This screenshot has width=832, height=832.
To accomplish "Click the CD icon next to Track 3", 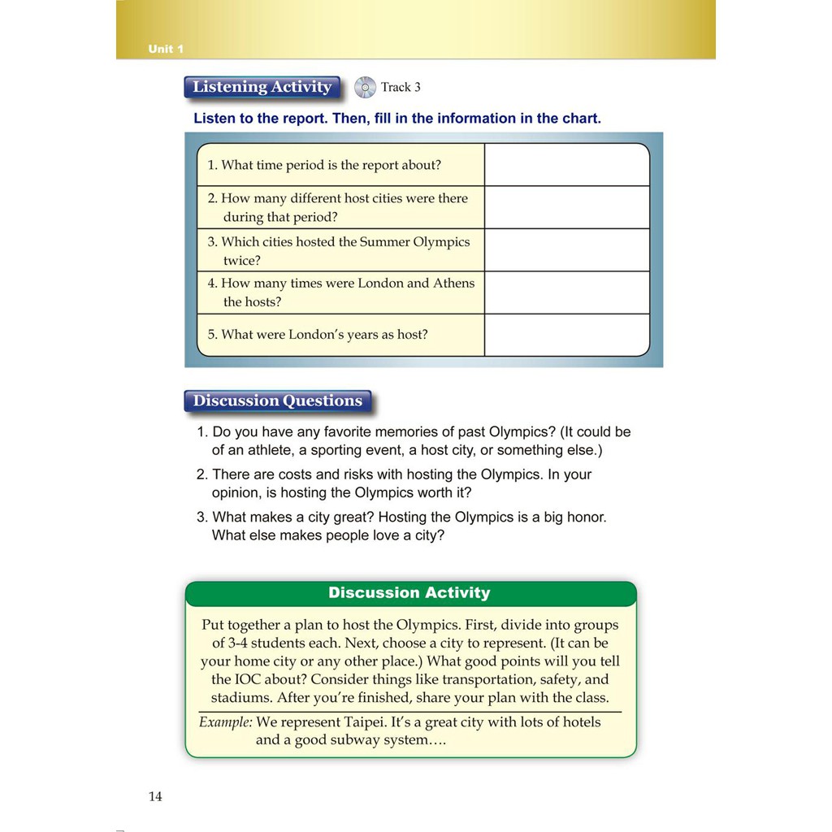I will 366,87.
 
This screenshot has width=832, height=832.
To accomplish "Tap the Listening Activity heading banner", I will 262,87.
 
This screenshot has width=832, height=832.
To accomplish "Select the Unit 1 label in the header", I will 166,50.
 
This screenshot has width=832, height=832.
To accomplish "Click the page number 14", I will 155,796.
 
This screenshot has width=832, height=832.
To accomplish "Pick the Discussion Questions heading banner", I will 278,401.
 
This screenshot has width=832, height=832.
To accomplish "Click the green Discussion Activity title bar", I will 409,593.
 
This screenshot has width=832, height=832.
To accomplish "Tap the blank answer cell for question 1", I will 566,165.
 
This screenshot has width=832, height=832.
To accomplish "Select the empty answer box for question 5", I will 566,335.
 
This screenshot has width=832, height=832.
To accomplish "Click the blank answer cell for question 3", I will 566,250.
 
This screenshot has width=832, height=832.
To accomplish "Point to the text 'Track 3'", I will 401,87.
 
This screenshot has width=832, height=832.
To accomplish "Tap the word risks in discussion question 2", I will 384,474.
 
